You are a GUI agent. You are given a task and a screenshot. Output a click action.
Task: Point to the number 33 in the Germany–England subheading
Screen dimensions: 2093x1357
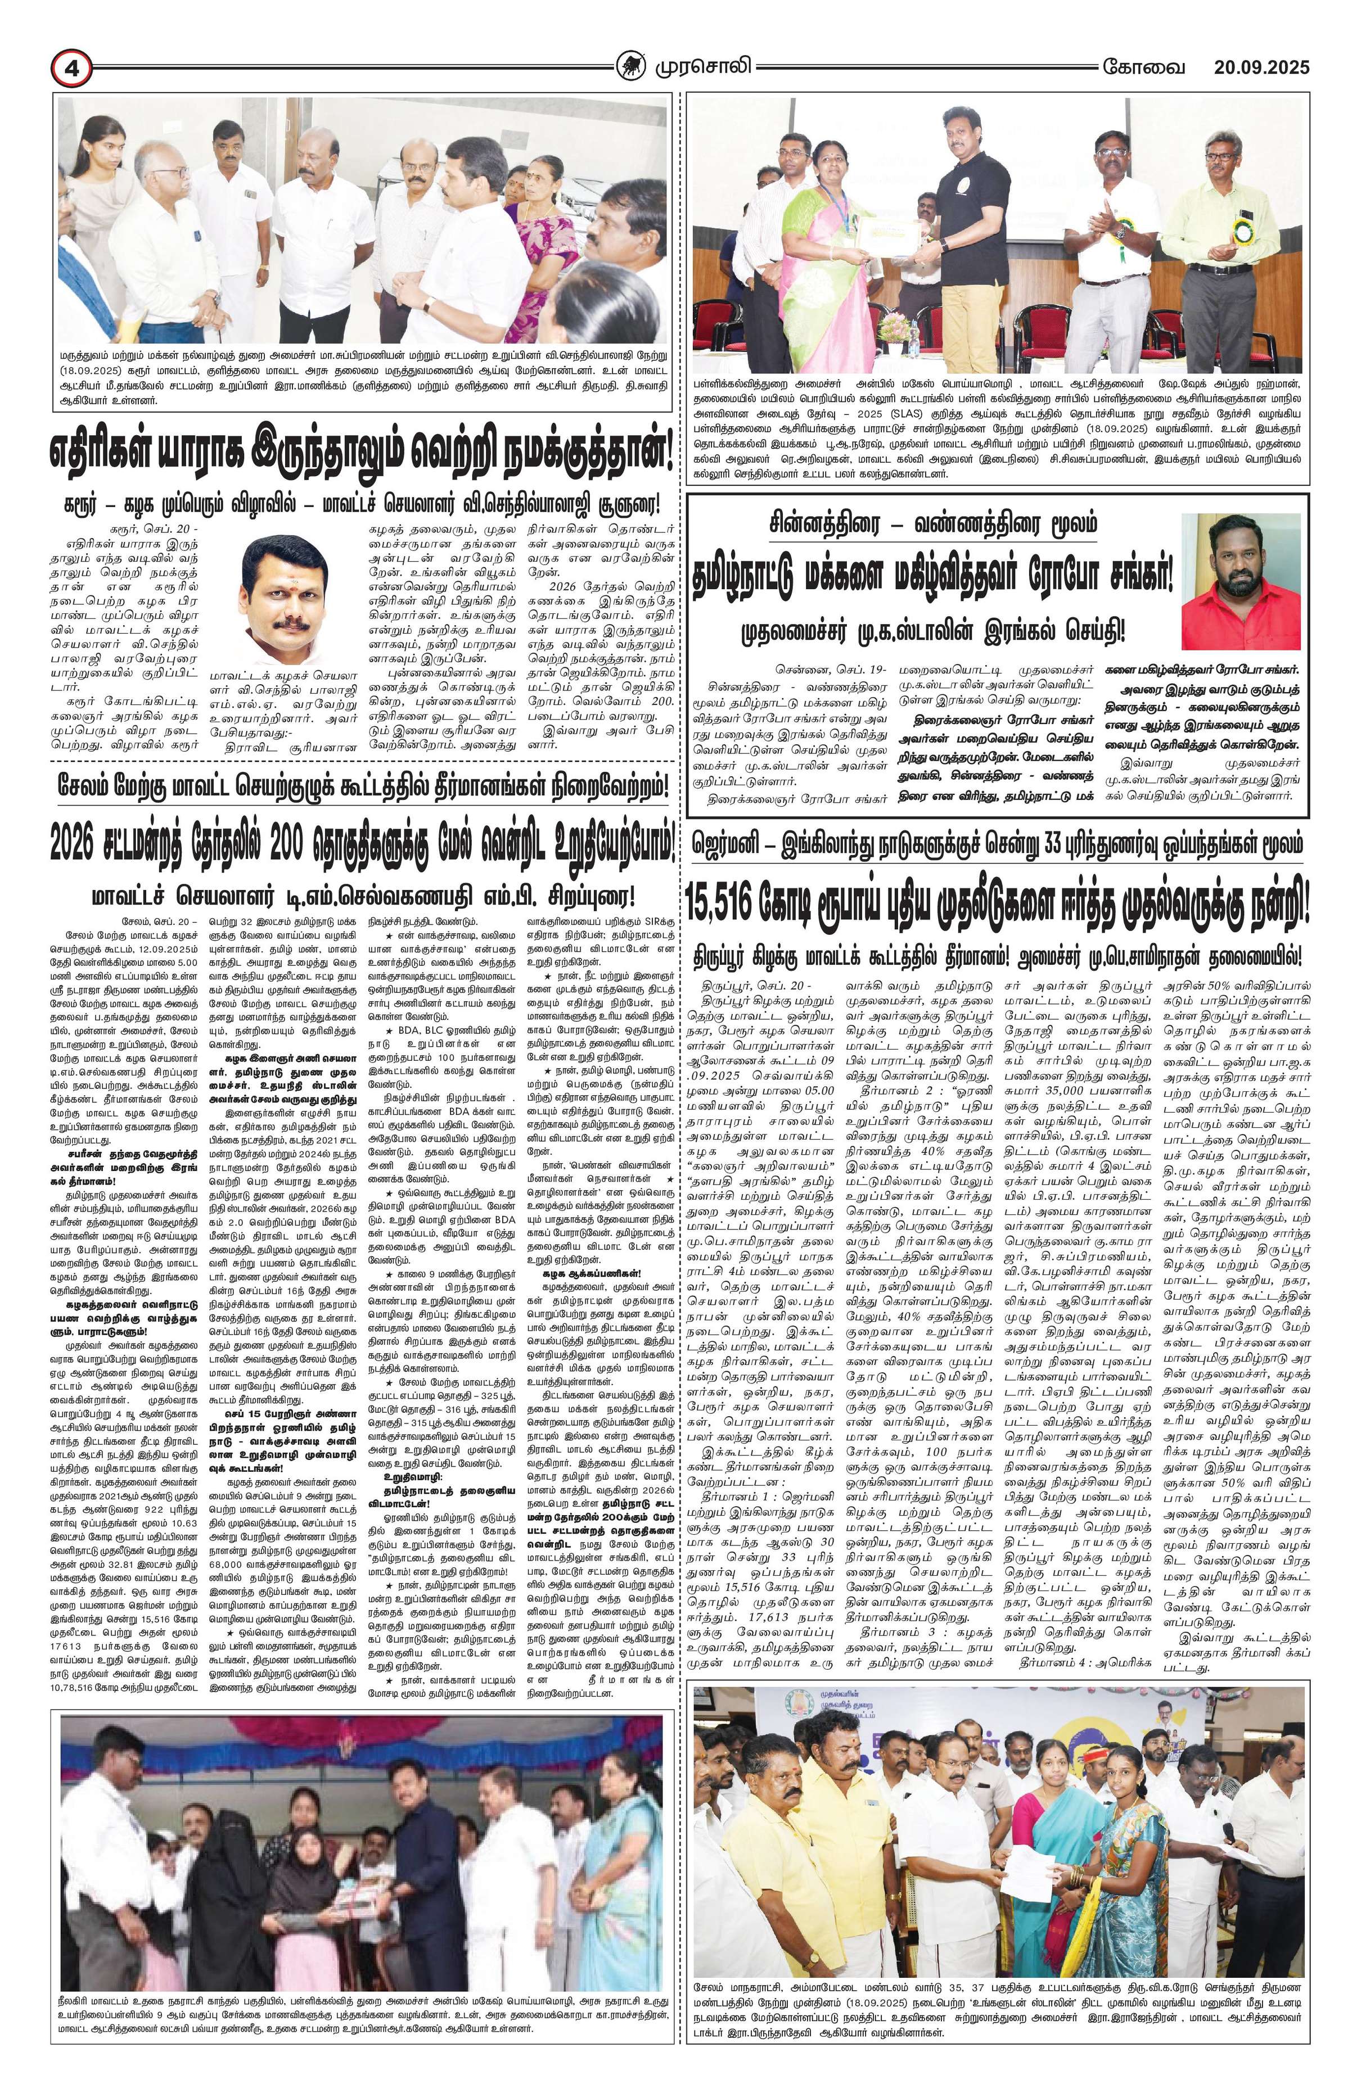tap(1039, 845)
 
